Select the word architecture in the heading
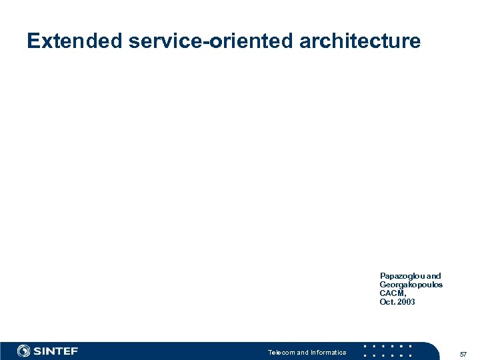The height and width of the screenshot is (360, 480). [x=360, y=41]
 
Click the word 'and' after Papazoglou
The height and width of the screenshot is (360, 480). [x=433, y=276]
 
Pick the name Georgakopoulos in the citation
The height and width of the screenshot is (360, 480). [x=411, y=285]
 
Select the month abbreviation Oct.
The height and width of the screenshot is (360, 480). [x=387, y=302]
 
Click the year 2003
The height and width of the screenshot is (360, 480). [x=405, y=302]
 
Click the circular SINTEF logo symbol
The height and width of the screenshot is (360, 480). [x=24, y=351]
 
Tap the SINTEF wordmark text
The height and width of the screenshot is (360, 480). [x=55, y=351]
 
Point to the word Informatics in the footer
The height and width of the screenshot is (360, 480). [x=328, y=352]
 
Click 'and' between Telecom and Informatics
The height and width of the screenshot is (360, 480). [x=303, y=352]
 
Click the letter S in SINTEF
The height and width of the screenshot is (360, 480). [x=38, y=351]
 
